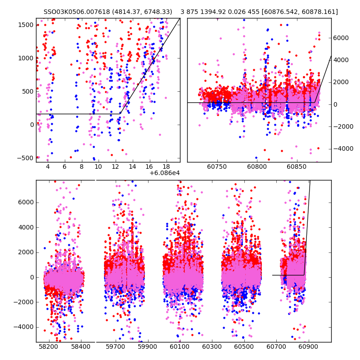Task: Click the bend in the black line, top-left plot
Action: [120, 114]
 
